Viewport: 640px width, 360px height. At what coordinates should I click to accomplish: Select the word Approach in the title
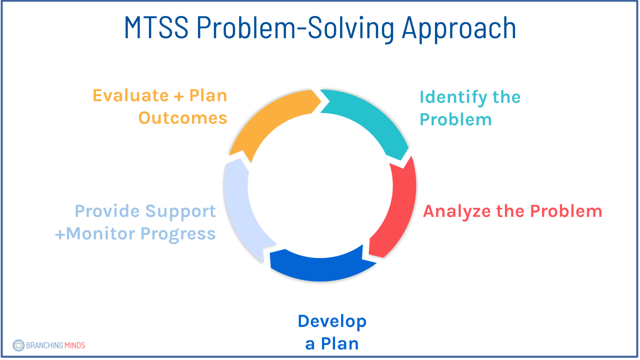(459, 29)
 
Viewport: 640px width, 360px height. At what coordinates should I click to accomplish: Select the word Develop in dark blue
(332, 321)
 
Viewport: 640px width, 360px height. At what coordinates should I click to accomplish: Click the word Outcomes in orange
(183, 118)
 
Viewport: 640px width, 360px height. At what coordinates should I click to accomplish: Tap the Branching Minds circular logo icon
(18, 345)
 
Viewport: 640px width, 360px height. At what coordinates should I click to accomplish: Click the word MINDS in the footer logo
(74, 345)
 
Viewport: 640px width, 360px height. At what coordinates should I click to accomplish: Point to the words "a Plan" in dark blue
(332, 344)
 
